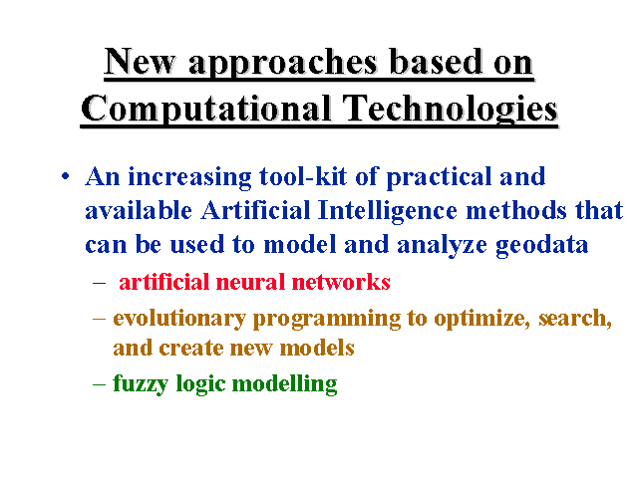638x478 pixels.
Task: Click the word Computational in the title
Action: (x=205, y=109)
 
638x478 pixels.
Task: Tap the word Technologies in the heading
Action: (x=450, y=109)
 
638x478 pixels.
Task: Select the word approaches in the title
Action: (x=283, y=63)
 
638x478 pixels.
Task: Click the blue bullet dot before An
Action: (x=65, y=177)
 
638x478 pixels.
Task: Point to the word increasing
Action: (x=189, y=177)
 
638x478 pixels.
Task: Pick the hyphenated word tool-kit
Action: (x=303, y=176)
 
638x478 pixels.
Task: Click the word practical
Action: (x=439, y=177)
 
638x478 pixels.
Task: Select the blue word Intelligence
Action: (x=388, y=211)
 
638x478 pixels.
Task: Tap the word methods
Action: (x=516, y=210)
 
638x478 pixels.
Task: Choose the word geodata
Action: (x=542, y=246)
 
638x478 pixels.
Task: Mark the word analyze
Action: (x=442, y=246)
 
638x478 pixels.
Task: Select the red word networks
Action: (x=341, y=282)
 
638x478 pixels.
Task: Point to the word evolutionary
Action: (x=179, y=319)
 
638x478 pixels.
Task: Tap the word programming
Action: (x=327, y=319)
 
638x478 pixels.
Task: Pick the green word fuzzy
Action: (x=141, y=384)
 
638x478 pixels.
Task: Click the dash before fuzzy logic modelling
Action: (x=100, y=383)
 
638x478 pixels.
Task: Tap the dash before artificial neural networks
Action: (x=100, y=283)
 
